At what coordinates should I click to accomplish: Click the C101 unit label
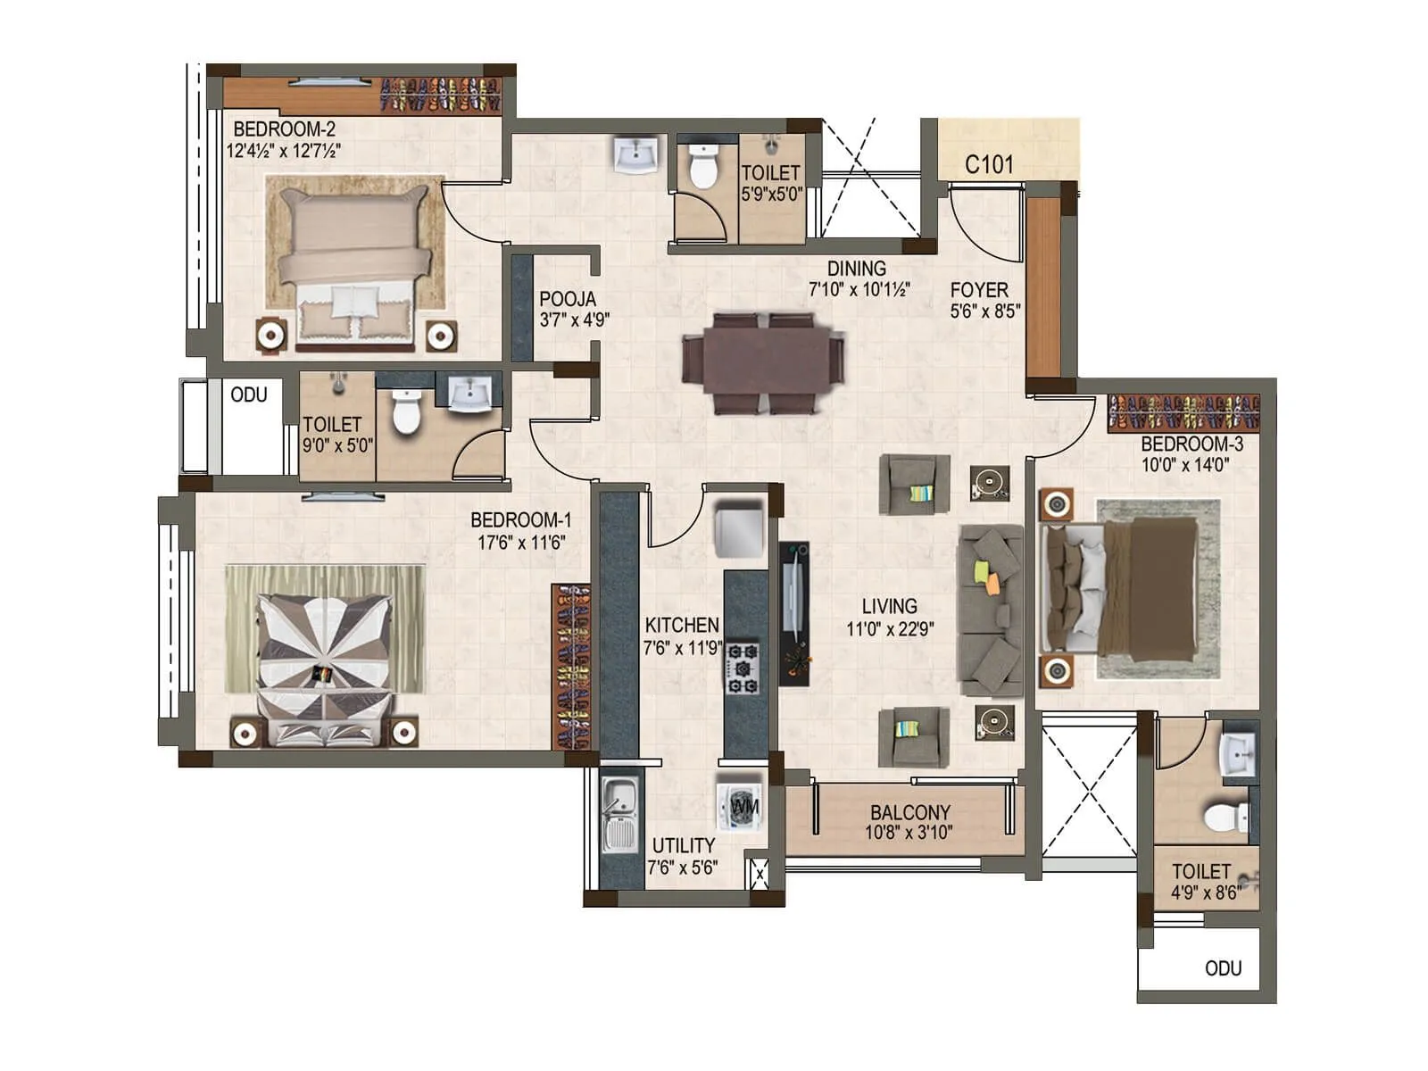[989, 165]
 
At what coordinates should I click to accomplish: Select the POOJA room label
[567, 300]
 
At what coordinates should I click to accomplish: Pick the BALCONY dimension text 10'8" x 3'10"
[909, 834]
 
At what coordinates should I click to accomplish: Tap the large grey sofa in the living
[991, 610]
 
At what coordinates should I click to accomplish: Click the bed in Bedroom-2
[355, 263]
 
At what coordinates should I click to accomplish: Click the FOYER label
[979, 290]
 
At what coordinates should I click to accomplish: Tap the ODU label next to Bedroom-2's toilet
[249, 395]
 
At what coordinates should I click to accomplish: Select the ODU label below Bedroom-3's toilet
[1223, 969]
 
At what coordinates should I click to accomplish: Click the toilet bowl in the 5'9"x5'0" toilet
[704, 167]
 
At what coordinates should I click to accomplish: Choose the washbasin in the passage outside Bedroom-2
[636, 154]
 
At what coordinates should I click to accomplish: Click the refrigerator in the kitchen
[740, 530]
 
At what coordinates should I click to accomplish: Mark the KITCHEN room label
[682, 626]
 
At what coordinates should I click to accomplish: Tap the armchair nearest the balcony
[913, 736]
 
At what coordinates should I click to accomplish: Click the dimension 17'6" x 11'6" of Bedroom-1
[521, 543]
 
